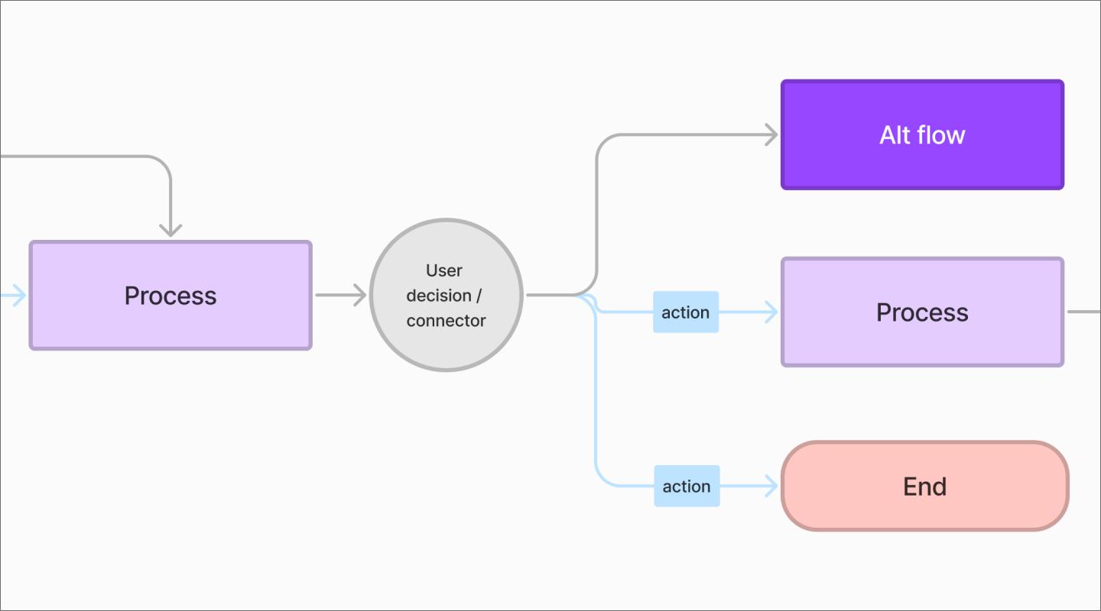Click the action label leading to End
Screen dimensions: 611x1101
pyautogui.click(x=687, y=486)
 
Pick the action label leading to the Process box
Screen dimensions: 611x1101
pyautogui.click(x=685, y=312)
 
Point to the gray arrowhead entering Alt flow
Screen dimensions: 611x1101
pyautogui.click(x=771, y=135)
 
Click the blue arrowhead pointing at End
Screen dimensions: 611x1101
pyautogui.click(x=771, y=486)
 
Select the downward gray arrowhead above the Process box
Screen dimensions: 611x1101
pyautogui.click(x=171, y=228)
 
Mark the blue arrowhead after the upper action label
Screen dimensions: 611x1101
pyautogui.click(x=771, y=312)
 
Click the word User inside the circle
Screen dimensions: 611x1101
pyautogui.click(x=444, y=270)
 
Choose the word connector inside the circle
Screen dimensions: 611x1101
pyautogui.click(x=446, y=321)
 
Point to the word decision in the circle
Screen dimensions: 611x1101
pyautogui.click(x=438, y=296)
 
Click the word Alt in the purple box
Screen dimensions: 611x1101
pyautogui.click(x=895, y=135)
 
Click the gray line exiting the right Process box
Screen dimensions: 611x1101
pyautogui.click(x=1084, y=312)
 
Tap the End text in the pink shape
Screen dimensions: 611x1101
pyautogui.click(x=924, y=487)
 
